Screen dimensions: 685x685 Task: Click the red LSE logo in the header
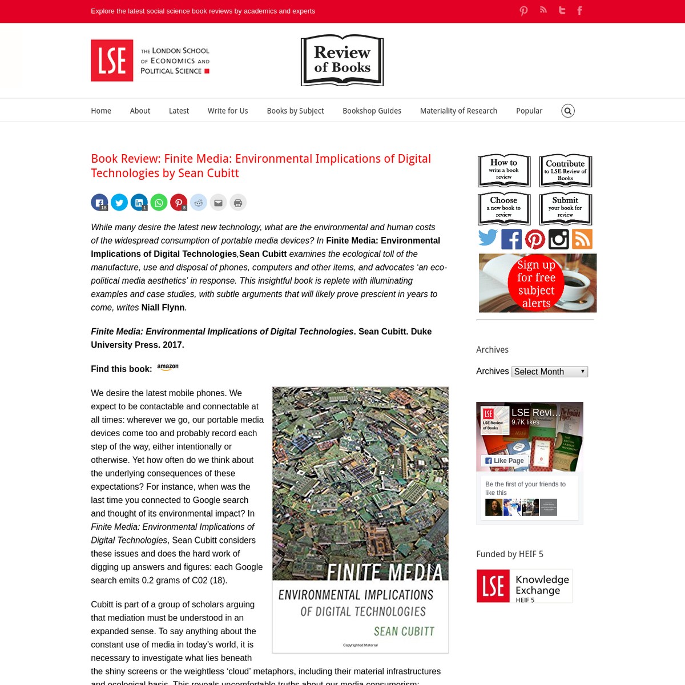click(x=112, y=61)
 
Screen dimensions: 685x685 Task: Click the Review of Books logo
click(x=342, y=61)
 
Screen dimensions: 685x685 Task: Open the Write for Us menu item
click(x=228, y=111)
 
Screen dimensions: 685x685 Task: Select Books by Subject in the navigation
click(x=295, y=111)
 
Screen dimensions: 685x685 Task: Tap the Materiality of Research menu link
click(x=458, y=111)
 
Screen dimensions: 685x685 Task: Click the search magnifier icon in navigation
click(x=567, y=111)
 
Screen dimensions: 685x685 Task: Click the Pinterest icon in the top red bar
click(x=523, y=11)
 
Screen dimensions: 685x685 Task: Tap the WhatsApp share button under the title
click(x=159, y=203)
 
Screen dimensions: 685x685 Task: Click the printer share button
click(x=238, y=203)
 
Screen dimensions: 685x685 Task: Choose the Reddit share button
click(x=199, y=203)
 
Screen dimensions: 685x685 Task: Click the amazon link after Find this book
click(x=168, y=368)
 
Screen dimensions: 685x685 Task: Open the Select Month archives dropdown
click(x=549, y=372)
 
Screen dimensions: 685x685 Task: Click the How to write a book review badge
click(x=504, y=170)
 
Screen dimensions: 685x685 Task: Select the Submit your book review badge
click(x=565, y=208)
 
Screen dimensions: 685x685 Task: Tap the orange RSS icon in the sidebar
click(x=582, y=239)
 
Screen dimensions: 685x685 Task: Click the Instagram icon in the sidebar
click(x=558, y=239)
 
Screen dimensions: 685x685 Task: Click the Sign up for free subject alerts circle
click(x=536, y=284)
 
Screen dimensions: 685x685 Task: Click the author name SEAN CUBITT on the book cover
click(x=404, y=631)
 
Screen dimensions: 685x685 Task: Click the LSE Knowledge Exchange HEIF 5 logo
click(x=524, y=586)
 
